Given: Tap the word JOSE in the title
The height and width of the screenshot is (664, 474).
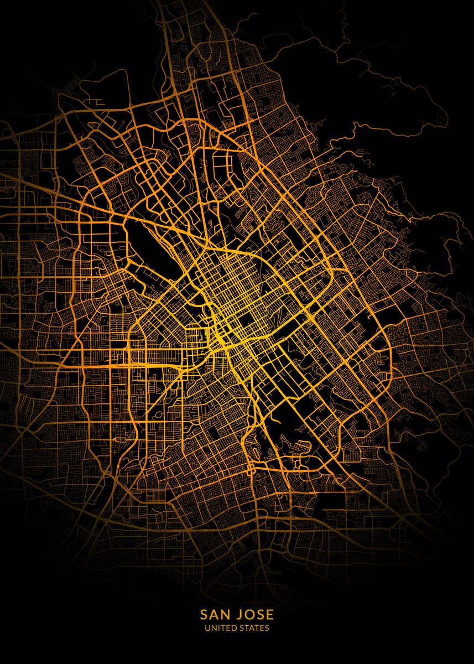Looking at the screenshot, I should pos(254,615).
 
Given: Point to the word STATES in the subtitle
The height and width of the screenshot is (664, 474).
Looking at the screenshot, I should pos(253,628).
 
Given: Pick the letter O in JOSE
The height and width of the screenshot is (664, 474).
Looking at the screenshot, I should pos(249,615).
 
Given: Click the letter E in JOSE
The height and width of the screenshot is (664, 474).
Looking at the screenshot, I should pos(269,615).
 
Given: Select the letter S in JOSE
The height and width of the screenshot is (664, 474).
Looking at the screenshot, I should pos(260,615).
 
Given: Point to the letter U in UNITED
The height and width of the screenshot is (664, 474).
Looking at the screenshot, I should pos(207,628).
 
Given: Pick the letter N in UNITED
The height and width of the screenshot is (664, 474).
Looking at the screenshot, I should pos(213,628).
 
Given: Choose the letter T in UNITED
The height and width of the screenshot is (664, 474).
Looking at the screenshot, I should pos(222,628).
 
